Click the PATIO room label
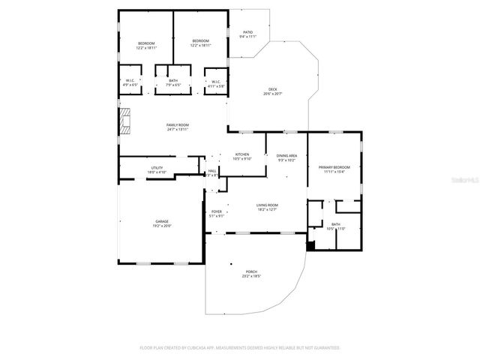(247, 32)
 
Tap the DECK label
(272, 89)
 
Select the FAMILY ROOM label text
(178, 124)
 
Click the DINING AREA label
(286, 155)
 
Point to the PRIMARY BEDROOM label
(334, 167)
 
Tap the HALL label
(212, 171)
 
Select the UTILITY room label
(157, 168)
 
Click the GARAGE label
(162, 221)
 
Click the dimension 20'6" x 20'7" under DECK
(272, 94)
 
